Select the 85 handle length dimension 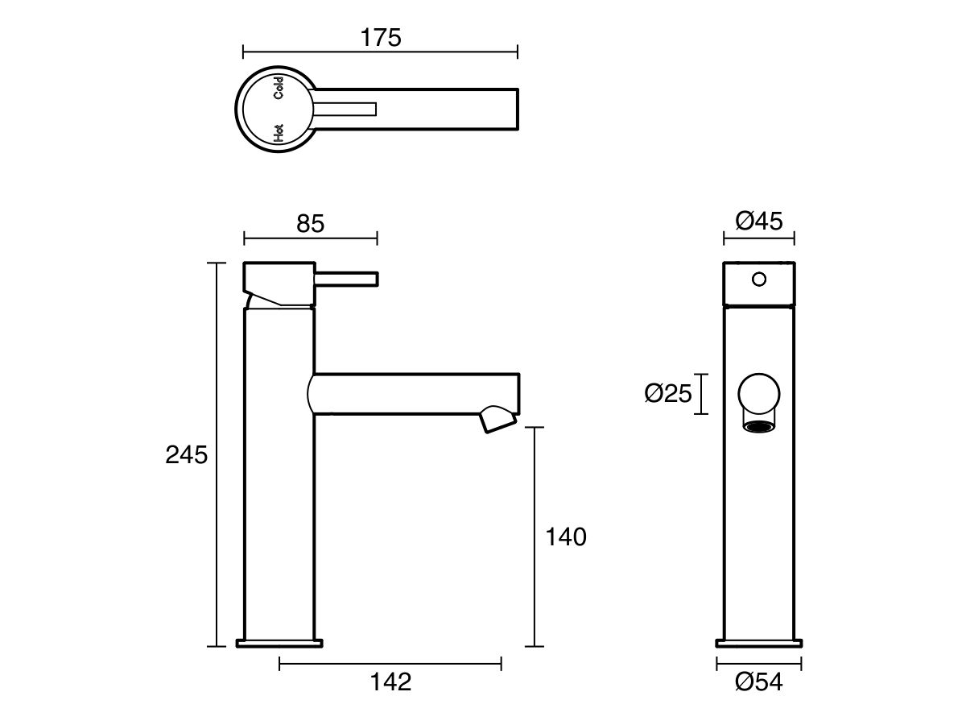310,223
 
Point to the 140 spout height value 566,536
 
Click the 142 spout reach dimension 390,681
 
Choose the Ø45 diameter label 759,221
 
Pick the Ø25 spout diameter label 668,394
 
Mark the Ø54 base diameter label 758,682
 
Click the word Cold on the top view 279,87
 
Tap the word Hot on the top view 279,133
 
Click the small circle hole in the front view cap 758,280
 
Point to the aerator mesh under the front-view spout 758,426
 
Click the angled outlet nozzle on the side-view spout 497,420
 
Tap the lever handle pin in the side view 346,278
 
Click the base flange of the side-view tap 279,643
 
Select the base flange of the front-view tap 758,643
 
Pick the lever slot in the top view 346,109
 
